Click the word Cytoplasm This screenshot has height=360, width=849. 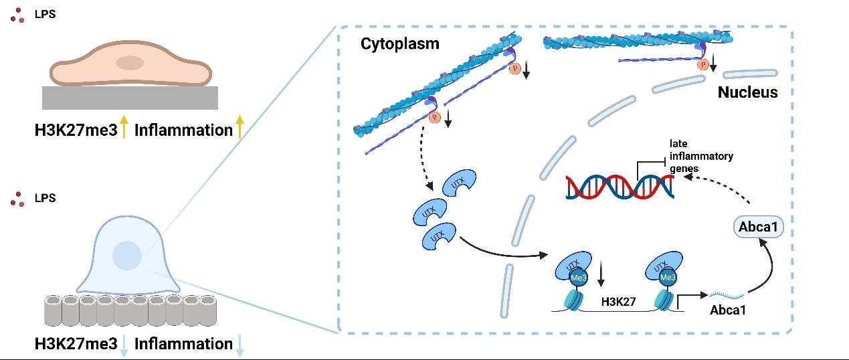pos(400,44)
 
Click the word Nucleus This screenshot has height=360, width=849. pos(748,92)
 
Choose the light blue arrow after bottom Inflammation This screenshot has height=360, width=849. pos(240,345)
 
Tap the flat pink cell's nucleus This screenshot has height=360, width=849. pos(129,64)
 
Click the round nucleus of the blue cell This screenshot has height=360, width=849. pos(127,255)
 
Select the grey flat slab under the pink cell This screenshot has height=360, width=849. pos(130,98)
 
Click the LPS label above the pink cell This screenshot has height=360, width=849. pos(45,14)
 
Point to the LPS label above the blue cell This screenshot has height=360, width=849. pos(45,198)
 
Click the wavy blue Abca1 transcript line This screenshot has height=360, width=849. pos(725,294)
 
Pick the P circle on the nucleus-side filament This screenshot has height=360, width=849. pos(703,64)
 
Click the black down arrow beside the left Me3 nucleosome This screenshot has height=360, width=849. pos(601,273)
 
